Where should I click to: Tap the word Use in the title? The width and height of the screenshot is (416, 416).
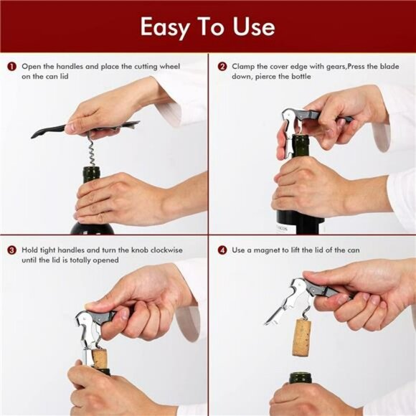point(252,27)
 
